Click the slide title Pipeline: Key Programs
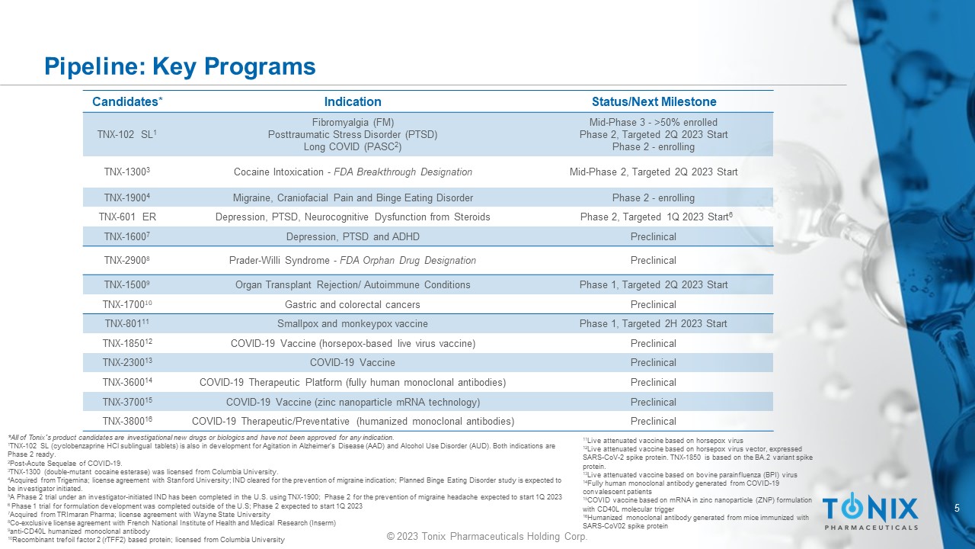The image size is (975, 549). pyautogui.click(x=180, y=66)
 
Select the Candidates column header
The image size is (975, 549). pyautogui.click(x=127, y=101)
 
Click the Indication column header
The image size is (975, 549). pyautogui.click(x=353, y=101)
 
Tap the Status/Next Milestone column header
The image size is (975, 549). pyautogui.click(x=654, y=101)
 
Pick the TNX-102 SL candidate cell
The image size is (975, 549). pyautogui.click(x=127, y=135)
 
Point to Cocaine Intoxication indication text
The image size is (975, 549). pyautogui.click(x=353, y=172)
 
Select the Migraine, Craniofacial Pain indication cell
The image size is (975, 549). pyautogui.click(x=353, y=198)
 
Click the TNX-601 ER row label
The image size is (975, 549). pyautogui.click(x=127, y=217)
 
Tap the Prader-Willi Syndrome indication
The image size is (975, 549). pyautogui.click(x=353, y=261)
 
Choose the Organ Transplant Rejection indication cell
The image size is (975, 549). pyautogui.click(x=353, y=285)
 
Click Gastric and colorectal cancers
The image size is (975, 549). pyautogui.click(x=353, y=305)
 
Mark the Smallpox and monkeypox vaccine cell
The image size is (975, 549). pyautogui.click(x=353, y=324)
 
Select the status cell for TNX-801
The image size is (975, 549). pyautogui.click(x=654, y=324)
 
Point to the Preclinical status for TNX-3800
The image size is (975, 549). pyautogui.click(x=654, y=422)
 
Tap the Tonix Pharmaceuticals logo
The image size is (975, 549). pyautogui.click(x=870, y=512)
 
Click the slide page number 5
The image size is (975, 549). pyautogui.click(x=957, y=508)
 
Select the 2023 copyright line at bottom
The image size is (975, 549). pyautogui.click(x=487, y=537)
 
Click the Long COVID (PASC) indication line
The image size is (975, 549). pyautogui.click(x=353, y=147)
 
